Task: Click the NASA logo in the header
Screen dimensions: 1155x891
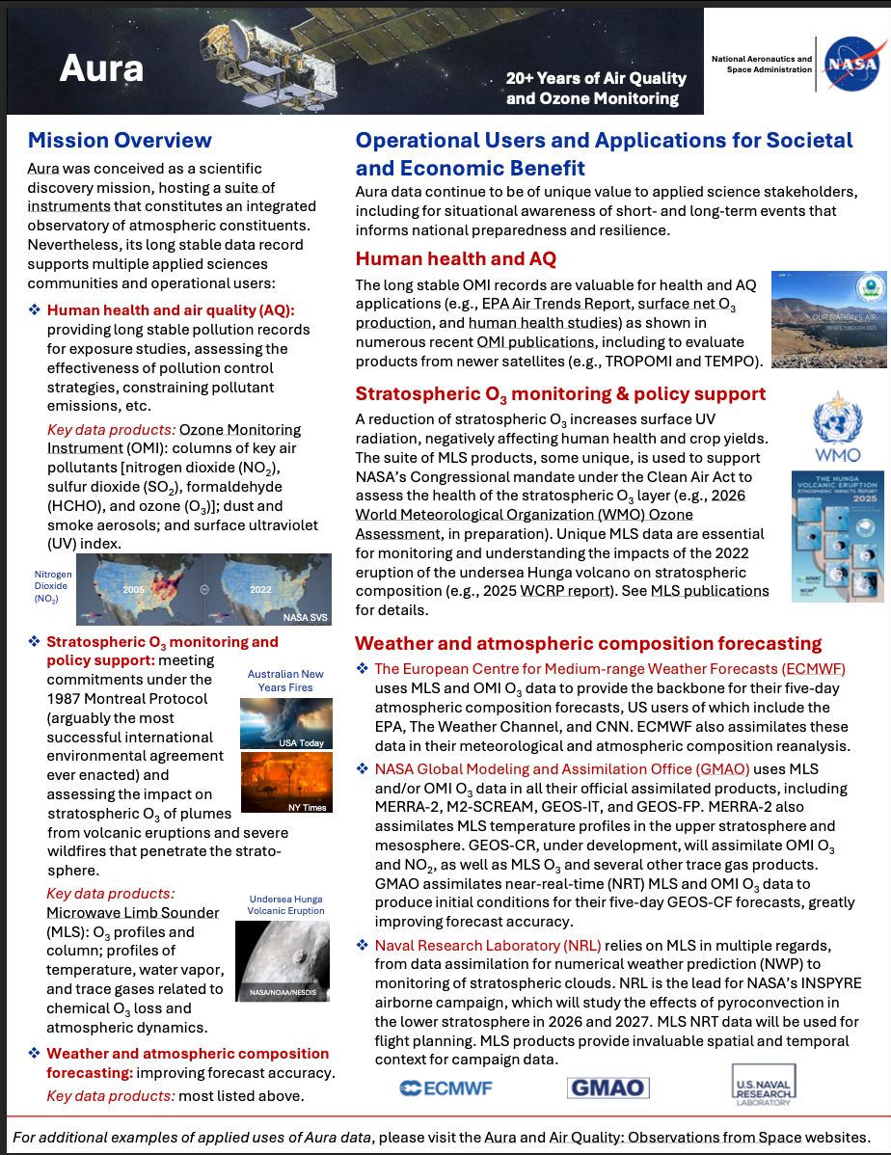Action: [850, 63]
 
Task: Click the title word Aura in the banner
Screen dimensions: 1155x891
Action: [101, 67]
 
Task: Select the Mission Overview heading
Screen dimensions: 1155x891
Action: [120, 141]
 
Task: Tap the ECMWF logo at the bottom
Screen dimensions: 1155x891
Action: [445, 1088]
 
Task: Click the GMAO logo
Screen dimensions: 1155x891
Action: [607, 1088]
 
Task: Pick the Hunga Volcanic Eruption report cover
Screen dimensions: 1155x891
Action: [823, 536]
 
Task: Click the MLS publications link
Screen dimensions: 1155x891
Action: [710, 591]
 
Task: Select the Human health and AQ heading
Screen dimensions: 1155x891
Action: [455, 258]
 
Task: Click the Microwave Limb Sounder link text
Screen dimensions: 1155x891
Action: [133, 913]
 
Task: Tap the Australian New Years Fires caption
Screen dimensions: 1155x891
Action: [285, 681]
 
